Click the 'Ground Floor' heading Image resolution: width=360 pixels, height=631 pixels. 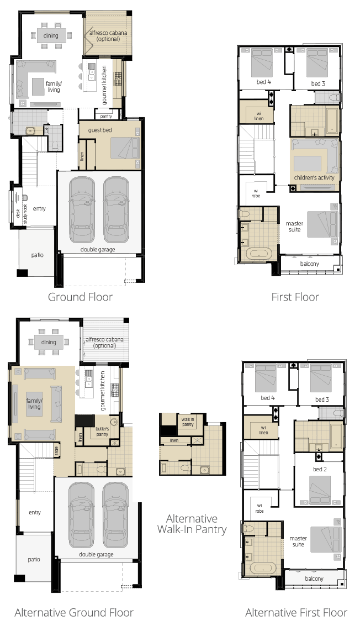[x=80, y=297]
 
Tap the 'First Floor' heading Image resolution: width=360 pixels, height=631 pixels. [x=295, y=297]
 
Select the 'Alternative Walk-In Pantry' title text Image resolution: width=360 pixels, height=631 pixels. [x=192, y=524]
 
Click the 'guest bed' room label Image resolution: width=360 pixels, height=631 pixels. [x=100, y=130]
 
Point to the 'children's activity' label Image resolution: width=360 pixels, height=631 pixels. [x=314, y=177]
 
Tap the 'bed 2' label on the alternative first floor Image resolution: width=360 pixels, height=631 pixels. [x=320, y=469]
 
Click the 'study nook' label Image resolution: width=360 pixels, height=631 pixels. [x=25, y=214]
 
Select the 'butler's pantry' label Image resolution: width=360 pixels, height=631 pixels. [x=102, y=432]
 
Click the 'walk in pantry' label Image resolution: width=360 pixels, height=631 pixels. [x=188, y=422]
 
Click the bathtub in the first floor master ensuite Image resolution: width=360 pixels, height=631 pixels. [x=258, y=254]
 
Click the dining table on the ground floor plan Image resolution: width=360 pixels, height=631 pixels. [x=51, y=35]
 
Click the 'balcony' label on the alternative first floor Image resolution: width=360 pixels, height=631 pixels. [x=314, y=579]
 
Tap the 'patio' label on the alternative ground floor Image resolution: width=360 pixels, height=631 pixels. [x=34, y=559]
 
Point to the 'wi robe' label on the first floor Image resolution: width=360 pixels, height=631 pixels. [x=256, y=193]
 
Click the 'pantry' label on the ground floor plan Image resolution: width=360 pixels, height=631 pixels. [x=106, y=116]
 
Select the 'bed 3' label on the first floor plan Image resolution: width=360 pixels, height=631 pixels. [x=318, y=83]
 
